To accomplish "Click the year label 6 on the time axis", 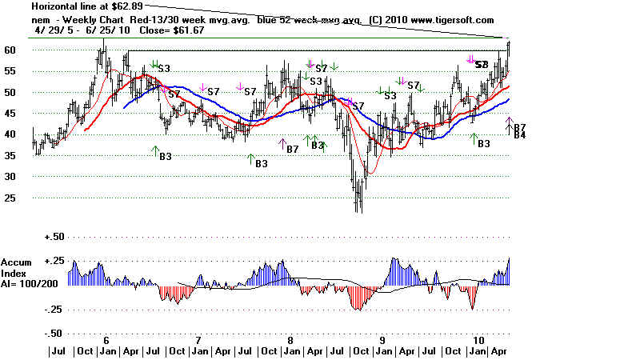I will click(106, 339).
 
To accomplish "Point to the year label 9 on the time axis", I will click(383, 339).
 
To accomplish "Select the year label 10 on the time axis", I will click(478, 339).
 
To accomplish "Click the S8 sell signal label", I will click(482, 64).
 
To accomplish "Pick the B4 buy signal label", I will click(519, 135).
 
